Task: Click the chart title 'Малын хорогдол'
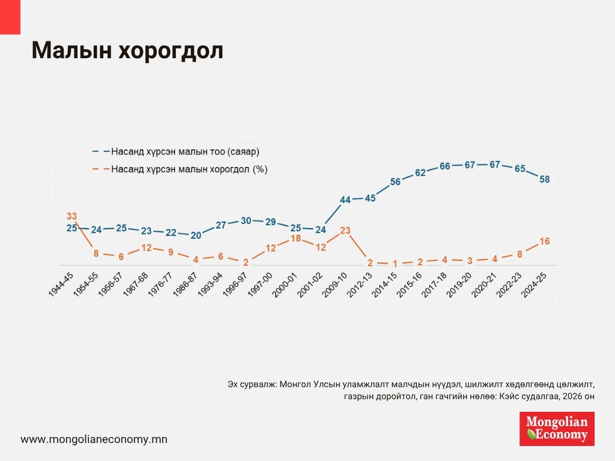(127, 52)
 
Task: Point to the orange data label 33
(71, 216)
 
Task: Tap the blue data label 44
(345, 200)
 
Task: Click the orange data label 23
(345, 230)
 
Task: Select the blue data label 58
(545, 179)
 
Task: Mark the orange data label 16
(545, 241)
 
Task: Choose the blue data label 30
(246, 220)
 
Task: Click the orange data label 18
(295, 238)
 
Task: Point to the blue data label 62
(420, 173)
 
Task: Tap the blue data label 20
(196, 235)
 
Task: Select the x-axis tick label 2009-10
(336, 284)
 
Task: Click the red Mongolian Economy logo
(557, 429)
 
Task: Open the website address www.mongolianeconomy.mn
(94, 439)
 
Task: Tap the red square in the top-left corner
(10, 17)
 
